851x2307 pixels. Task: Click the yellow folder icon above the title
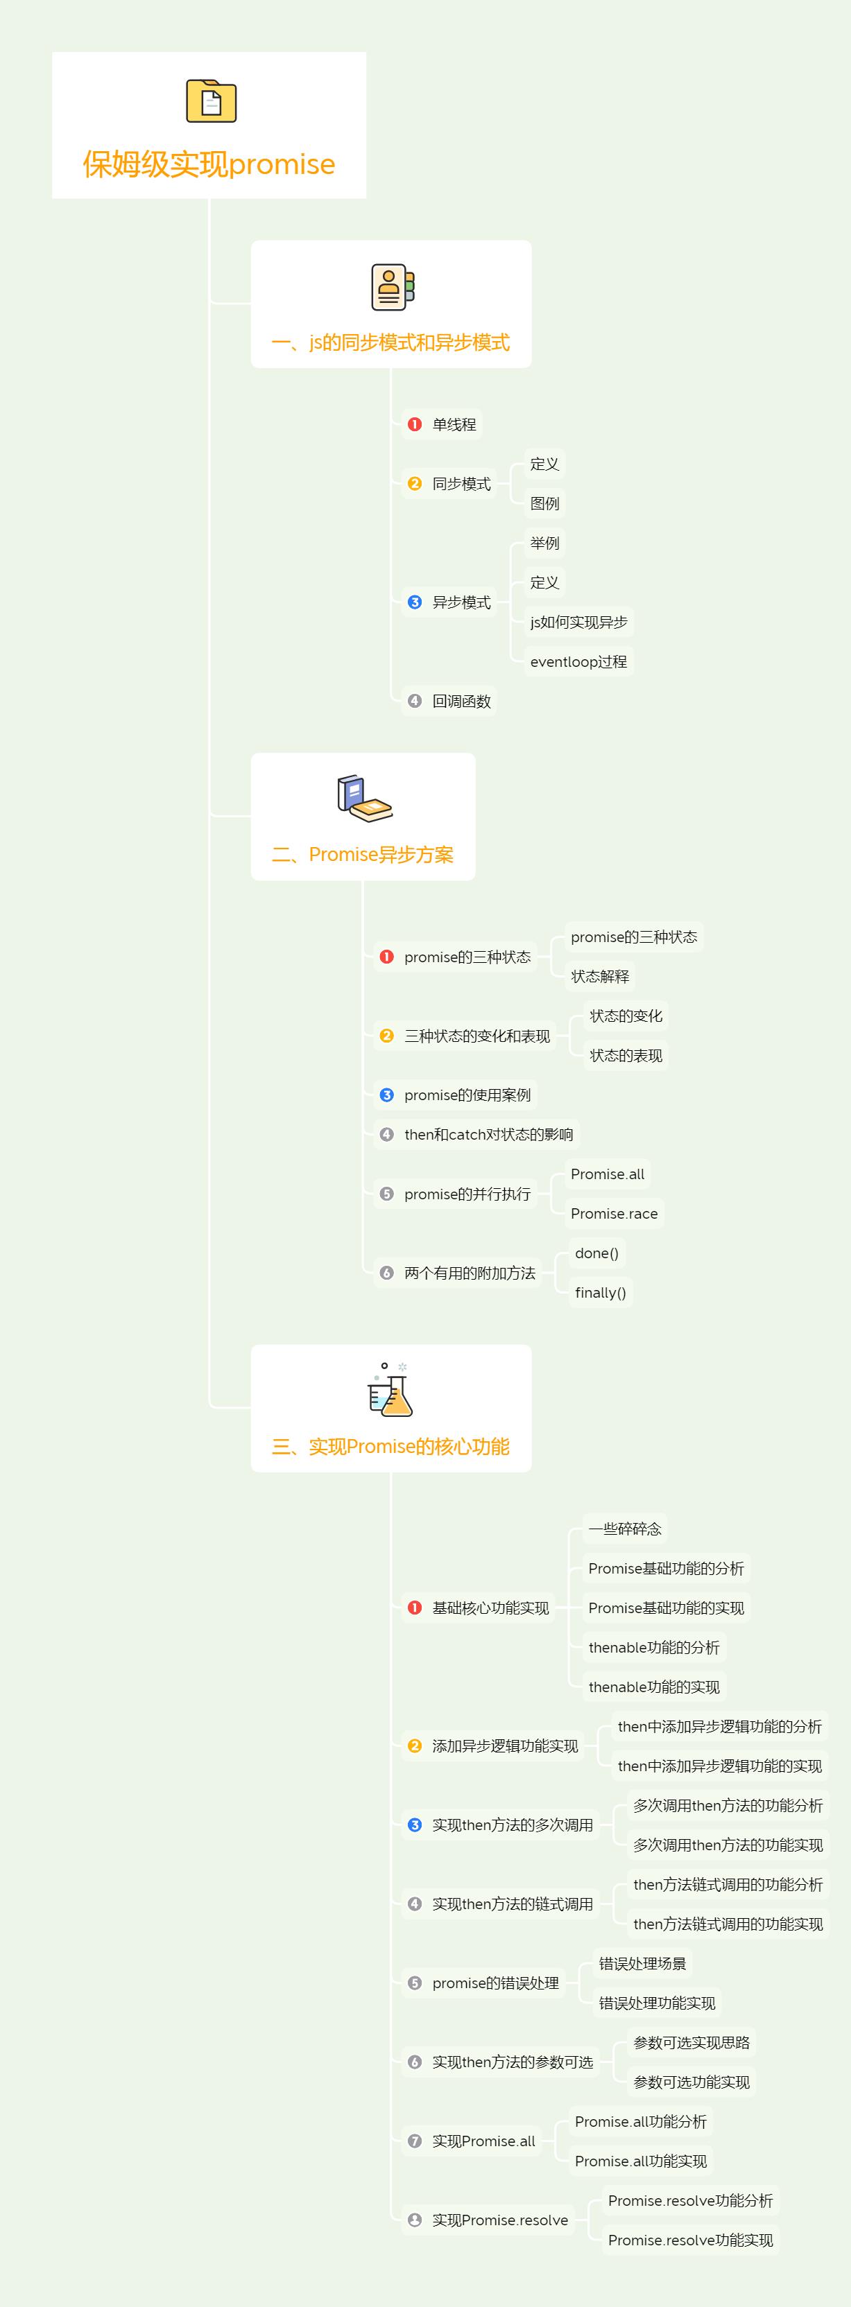click(x=211, y=101)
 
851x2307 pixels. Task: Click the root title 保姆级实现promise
click(x=209, y=164)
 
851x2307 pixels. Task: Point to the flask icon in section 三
click(x=390, y=1389)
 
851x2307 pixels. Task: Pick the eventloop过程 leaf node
click(x=578, y=662)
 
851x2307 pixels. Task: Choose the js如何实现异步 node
click(x=578, y=623)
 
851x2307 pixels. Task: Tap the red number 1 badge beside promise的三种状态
click(x=387, y=957)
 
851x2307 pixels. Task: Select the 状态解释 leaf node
click(x=600, y=976)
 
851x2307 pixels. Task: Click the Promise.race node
click(x=614, y=1214)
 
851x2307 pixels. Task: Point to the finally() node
click(x=600, y=1292)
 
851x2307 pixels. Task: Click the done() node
click(x=596, y=1253)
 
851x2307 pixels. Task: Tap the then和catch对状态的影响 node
click(x=476, y=1135)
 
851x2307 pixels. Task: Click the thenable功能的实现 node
click(x=654, y=1687)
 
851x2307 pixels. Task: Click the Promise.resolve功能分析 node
click(x=691, y=2200)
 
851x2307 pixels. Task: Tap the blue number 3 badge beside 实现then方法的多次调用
click(x=415, y=1825)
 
